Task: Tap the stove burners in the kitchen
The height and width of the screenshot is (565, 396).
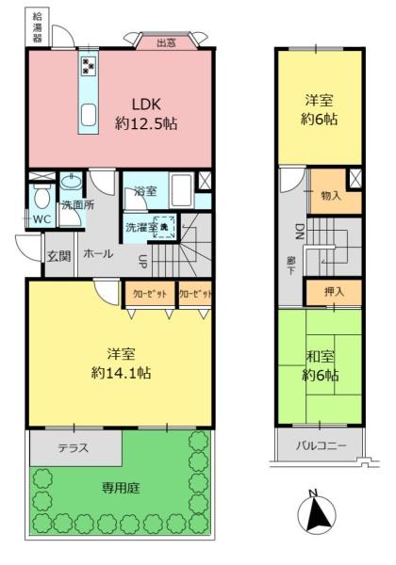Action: (x=88, y=66)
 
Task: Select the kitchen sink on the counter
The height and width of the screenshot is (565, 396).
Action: (x=88, y=114)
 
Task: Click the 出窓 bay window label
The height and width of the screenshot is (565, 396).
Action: (x=166, y=41)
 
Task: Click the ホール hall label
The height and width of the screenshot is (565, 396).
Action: (x=98, y=254)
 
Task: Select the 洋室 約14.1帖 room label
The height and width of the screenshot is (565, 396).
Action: (x=123, y=363)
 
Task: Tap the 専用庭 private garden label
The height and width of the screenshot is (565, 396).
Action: (x=120, y=490)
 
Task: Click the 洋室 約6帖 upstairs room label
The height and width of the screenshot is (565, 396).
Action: (x=321, y=110)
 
